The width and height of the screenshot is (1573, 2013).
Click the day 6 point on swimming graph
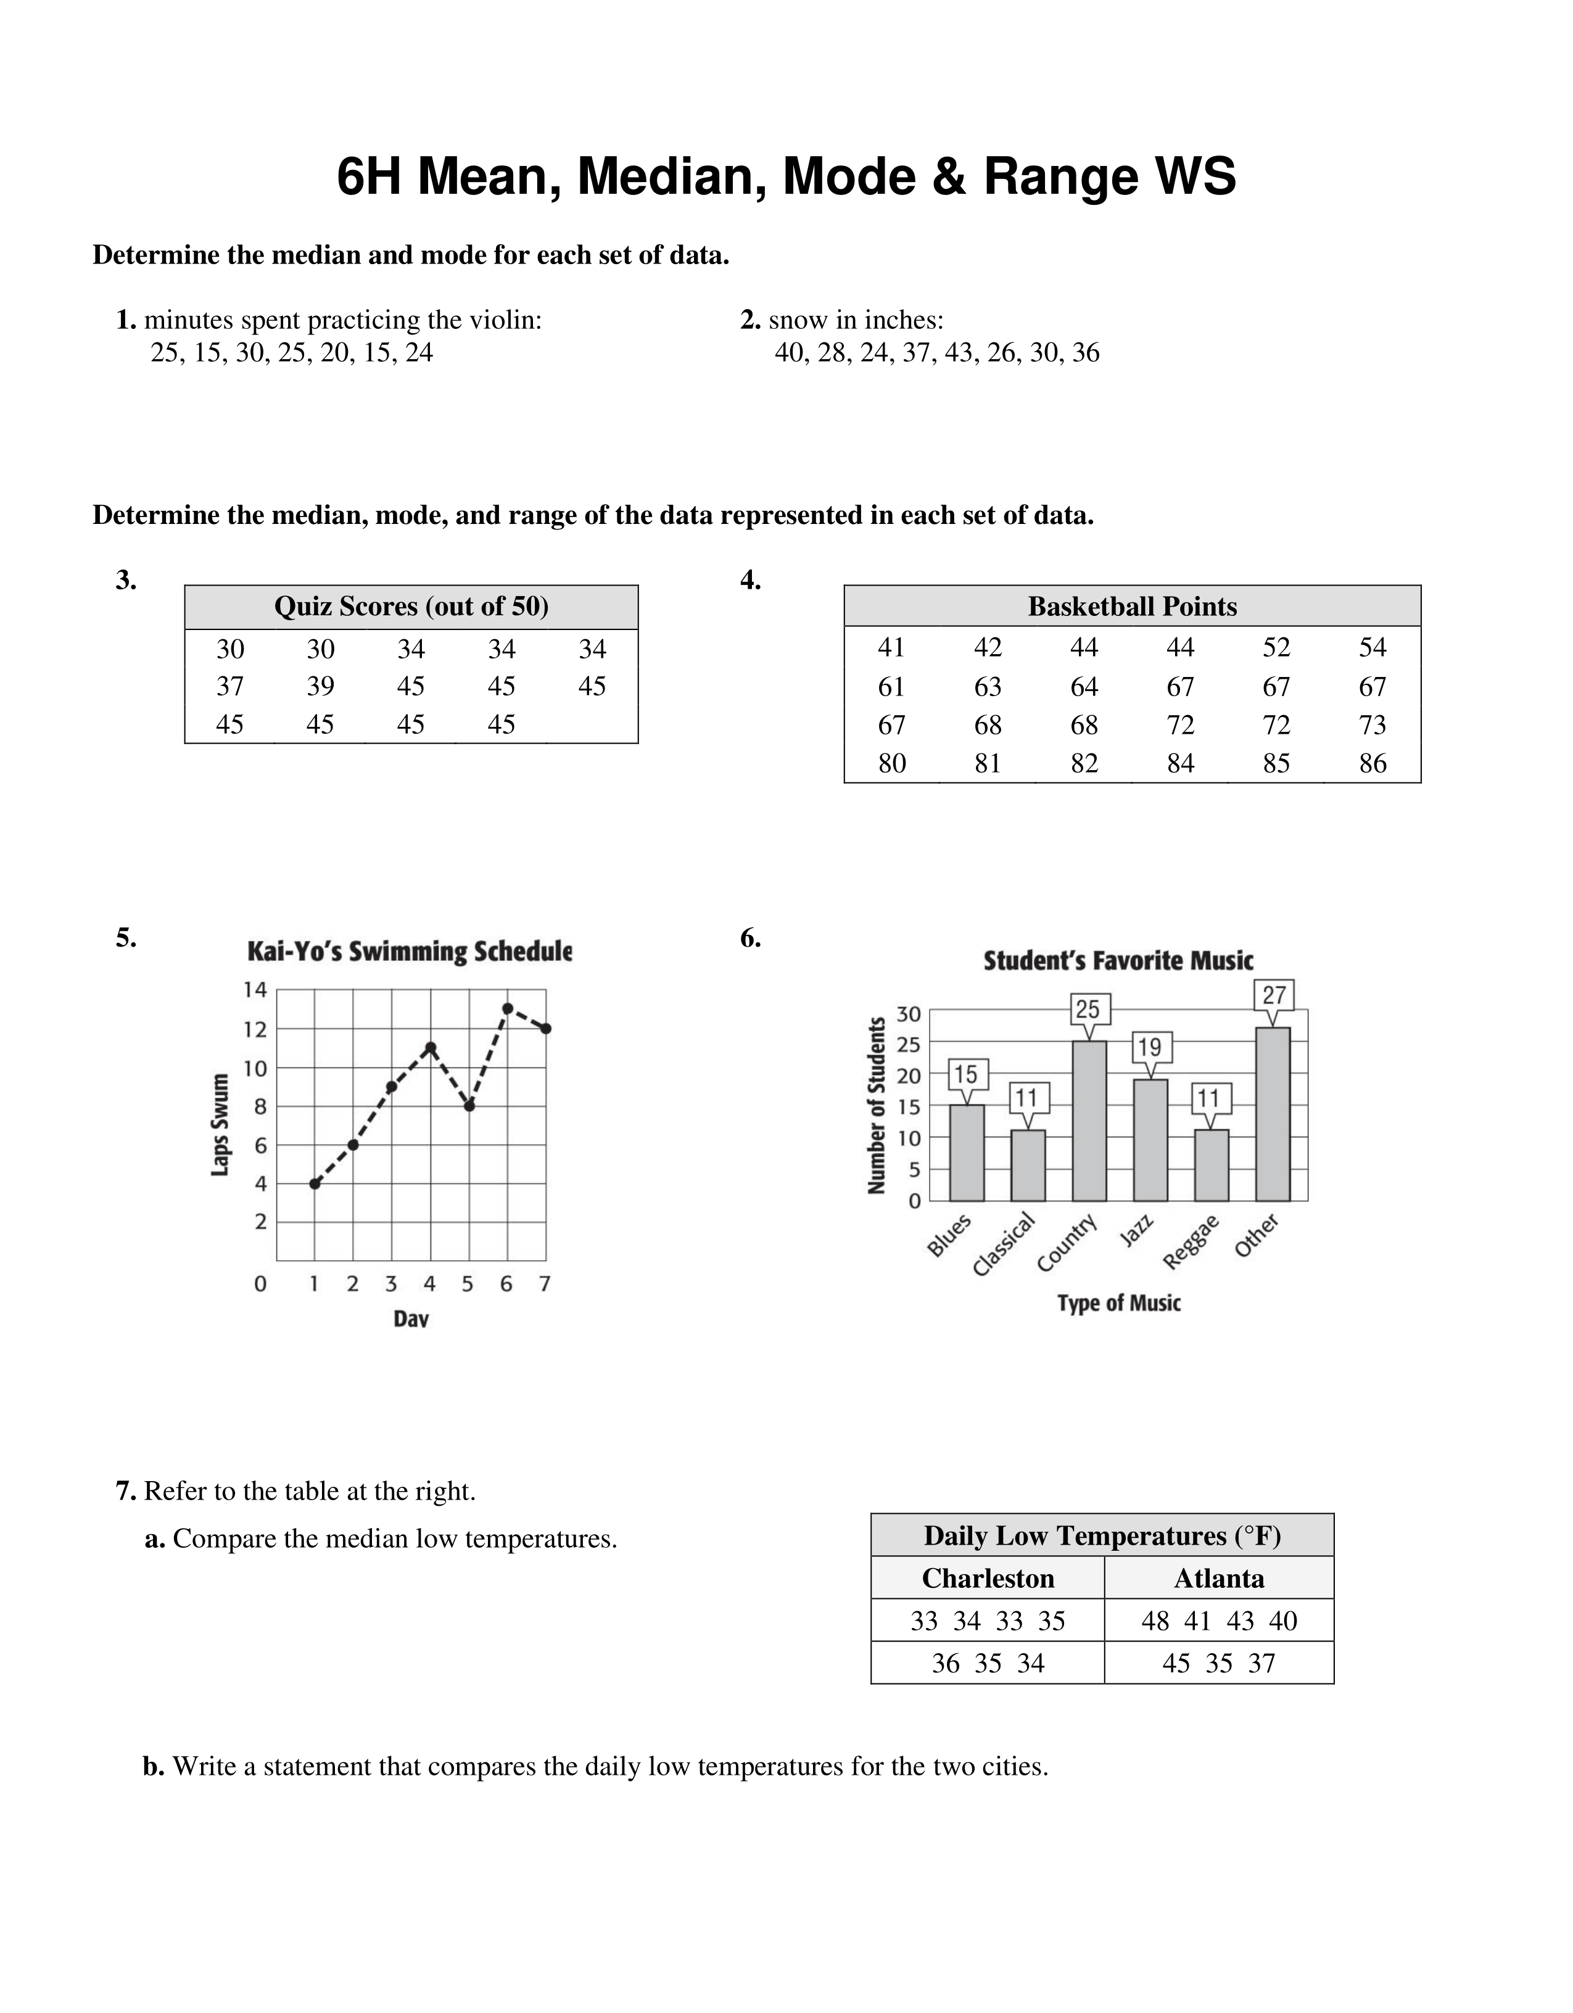508,1008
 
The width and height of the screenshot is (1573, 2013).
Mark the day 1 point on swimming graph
315,1184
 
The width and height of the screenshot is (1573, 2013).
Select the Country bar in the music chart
1089,1120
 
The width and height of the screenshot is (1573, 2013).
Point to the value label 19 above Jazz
1149,1047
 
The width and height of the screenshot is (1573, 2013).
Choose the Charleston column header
988,1578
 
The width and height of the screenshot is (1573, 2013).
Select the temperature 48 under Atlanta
1155,1621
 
